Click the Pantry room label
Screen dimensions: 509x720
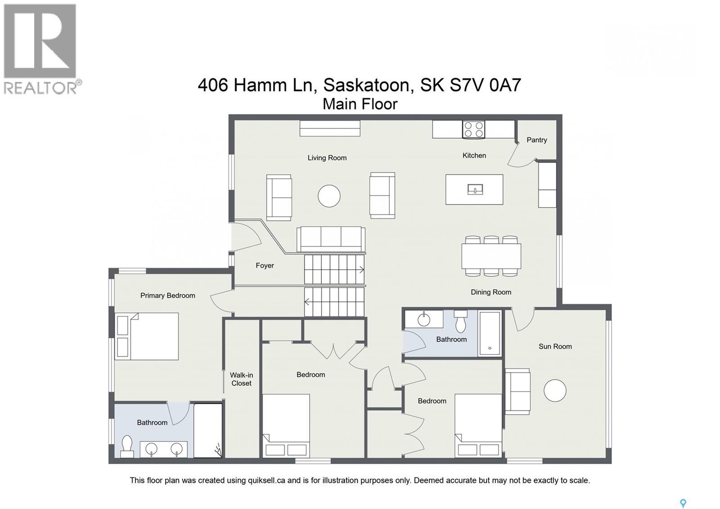pos(536,140)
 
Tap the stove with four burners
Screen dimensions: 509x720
pos(474,129)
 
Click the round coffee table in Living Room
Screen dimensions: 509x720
pos(329,196)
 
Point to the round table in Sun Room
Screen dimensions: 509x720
pos(554,391)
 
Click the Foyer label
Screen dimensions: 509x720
pos(265,266)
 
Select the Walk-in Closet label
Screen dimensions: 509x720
pos(242,379)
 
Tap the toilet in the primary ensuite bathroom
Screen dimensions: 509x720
pos(127,445)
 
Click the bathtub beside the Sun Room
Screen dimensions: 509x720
pos(490,333)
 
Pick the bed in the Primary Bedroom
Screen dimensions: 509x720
pos(147,336)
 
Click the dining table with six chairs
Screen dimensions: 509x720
pos(491,256)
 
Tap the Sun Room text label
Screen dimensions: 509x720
pos(555,346)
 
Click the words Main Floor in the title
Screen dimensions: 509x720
pos(360,104)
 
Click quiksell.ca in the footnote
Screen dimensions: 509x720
pos(266,481)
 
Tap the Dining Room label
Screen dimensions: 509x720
pos(491,292)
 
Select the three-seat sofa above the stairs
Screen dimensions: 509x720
pos(331,239)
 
